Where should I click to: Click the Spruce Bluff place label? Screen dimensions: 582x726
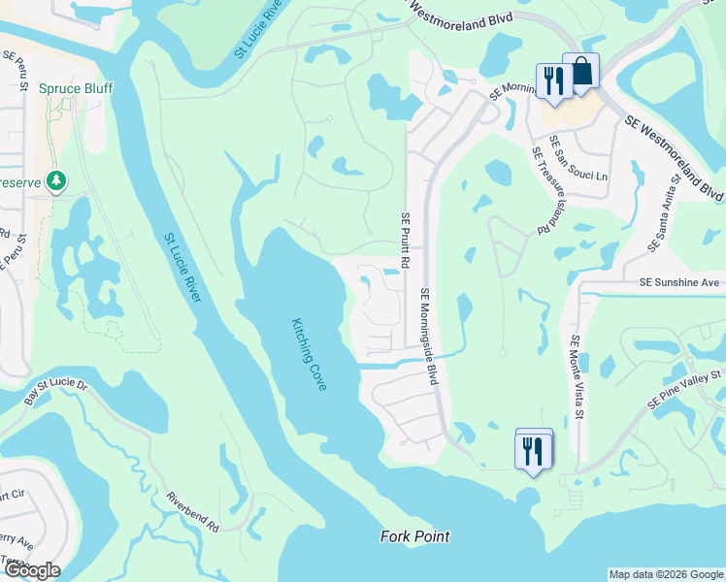76,89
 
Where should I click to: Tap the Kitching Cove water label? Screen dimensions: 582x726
310,355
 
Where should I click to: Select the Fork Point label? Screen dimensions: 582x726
415,536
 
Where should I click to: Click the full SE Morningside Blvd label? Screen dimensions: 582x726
427,336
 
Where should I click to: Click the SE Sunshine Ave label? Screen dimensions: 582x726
679,282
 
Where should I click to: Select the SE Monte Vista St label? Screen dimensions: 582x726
577,378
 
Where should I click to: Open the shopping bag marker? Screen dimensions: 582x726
580,73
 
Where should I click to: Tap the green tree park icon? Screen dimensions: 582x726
57,180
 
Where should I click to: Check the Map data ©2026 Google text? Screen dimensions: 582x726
665,574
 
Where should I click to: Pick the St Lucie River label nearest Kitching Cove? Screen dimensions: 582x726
181,267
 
